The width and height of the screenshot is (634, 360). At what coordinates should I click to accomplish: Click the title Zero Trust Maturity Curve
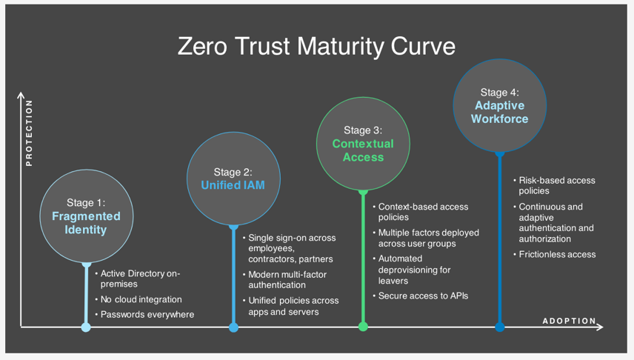click(x=316, y=47)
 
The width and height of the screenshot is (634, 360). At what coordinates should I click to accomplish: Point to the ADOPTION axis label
click(x=569, y=321)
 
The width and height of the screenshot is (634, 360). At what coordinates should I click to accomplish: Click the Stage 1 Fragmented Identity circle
click(x=86, y=216)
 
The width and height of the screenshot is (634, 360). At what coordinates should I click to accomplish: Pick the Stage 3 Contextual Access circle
click(x=363, y=144)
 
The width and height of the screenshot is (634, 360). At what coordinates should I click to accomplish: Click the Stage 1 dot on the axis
click(x=86, y=327)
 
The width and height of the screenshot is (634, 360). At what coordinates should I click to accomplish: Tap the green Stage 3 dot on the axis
click(x=363, y=327)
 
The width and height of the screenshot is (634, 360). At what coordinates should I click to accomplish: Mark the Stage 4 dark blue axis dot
click(x=500, y=327)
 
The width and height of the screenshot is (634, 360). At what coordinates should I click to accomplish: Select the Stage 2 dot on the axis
click(x=233, y=327)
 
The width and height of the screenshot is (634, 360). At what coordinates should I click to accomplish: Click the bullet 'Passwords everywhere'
click(x=147, y=314)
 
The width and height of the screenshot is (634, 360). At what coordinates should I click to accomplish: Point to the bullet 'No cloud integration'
click(x=141, y=299)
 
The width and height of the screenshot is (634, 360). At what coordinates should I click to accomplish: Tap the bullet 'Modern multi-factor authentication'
click(x=287, y=279)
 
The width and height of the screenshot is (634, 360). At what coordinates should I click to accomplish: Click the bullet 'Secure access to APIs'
click(x=423, y=296)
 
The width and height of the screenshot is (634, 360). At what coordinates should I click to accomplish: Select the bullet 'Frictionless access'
click(x=557, y=254)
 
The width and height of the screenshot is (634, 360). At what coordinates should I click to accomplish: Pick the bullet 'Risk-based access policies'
click(x=556, y=185)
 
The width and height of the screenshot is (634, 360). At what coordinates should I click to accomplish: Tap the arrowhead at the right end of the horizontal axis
click(x=600, y=327)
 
